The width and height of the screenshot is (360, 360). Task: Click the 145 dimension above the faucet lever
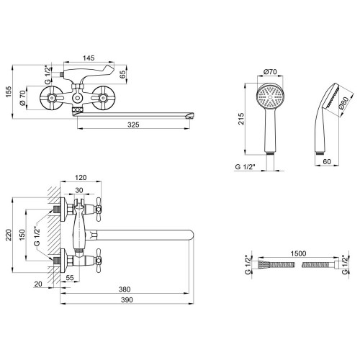coord(89,58)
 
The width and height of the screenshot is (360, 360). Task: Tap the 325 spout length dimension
coord(133,125)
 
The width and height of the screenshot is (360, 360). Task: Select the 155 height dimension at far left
coord(9,91)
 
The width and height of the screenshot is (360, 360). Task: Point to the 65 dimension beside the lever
coord(122,74)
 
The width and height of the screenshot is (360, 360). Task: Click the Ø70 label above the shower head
coord(270,72)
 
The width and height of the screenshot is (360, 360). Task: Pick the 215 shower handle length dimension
coord(241,119)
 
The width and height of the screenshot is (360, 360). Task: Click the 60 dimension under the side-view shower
coord(327,161)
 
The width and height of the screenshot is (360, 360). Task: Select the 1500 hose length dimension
coord(298,253)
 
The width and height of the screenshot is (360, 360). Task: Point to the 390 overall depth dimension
coord(127,300)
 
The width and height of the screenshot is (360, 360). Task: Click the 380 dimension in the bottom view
coord(125,289)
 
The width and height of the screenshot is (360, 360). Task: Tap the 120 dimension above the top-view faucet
coord(81,178)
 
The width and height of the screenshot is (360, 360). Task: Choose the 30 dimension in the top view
coord(79,190)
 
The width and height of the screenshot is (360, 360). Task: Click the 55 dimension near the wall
coord(70,278)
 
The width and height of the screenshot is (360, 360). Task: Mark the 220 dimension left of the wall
coord(9,235)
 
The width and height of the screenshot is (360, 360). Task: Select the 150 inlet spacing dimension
coord(22,235)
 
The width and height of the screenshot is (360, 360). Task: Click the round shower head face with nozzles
coord(270,97)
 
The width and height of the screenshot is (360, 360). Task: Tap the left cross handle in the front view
coord(52,98)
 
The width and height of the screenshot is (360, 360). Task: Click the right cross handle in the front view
coord(104,98)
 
